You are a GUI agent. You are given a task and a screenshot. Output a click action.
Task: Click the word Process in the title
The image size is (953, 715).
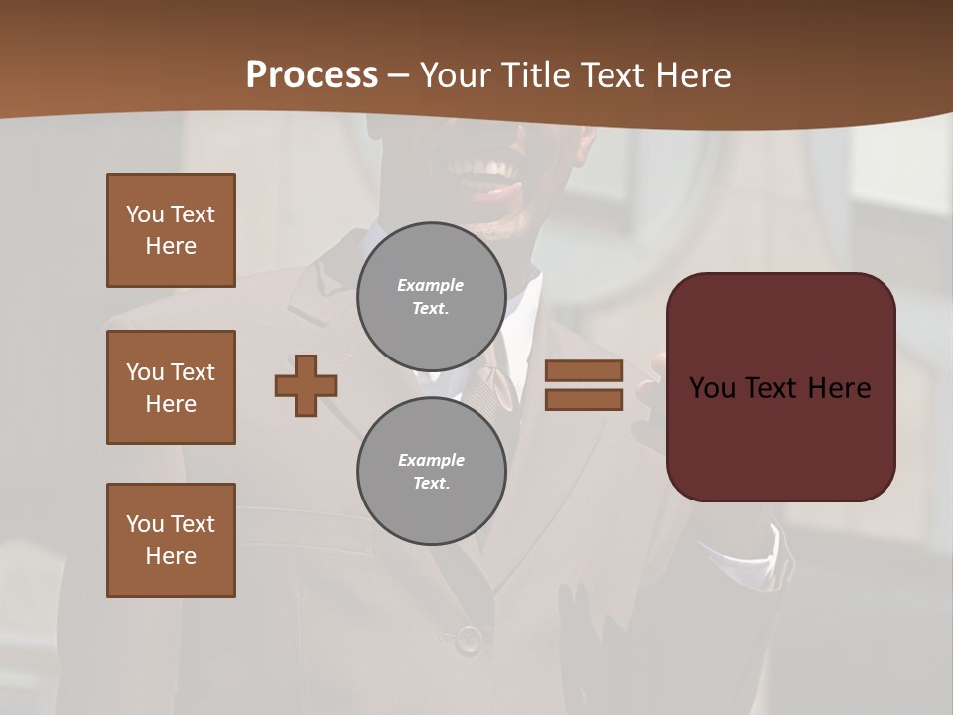coord(312,74)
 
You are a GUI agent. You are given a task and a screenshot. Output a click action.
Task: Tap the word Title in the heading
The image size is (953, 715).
coord(535,74)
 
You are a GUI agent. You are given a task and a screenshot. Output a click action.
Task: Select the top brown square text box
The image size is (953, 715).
coord(171,230)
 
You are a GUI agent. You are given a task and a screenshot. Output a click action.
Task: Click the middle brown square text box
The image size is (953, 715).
coord(171,387)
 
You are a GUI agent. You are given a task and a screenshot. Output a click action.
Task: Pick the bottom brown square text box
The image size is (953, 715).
coord(171,540)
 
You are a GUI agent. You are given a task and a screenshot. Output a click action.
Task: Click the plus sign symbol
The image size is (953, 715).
coord(306,385)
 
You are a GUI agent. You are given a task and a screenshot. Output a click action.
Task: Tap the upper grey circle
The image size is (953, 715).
coord(432,297)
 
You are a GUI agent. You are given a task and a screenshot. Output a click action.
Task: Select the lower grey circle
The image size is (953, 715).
coord(432,472)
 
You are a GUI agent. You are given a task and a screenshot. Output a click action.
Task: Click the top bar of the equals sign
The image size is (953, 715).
coord(584,370)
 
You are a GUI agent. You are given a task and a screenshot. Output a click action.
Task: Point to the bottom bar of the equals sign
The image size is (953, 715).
coord(584,400)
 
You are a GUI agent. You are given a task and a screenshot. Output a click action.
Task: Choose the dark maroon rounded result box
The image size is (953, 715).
coord(781,437)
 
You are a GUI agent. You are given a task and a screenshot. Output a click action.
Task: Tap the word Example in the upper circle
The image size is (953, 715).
coord(430,285)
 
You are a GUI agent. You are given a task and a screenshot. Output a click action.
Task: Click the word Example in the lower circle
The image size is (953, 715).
coord(431,460)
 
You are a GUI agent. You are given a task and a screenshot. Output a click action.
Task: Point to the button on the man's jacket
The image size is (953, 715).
coord(469,640)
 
